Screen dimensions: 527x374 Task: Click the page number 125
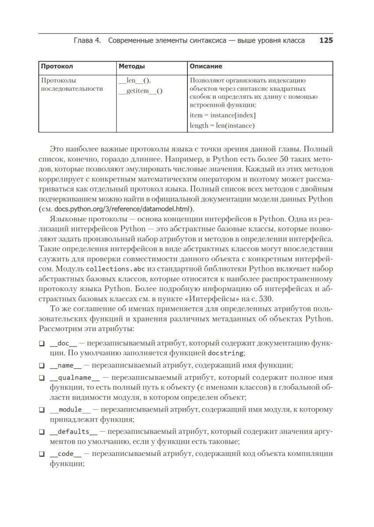326,41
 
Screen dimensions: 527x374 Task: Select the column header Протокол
57,66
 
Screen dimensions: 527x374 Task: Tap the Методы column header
132,66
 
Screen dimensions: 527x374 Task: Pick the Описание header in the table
205,66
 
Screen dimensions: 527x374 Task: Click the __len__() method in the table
135,80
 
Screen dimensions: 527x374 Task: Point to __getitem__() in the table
140,91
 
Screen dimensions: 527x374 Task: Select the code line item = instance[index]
223,115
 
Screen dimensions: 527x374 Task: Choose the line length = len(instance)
222,126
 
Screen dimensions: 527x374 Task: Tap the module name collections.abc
115,269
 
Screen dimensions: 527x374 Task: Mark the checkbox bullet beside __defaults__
42,432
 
